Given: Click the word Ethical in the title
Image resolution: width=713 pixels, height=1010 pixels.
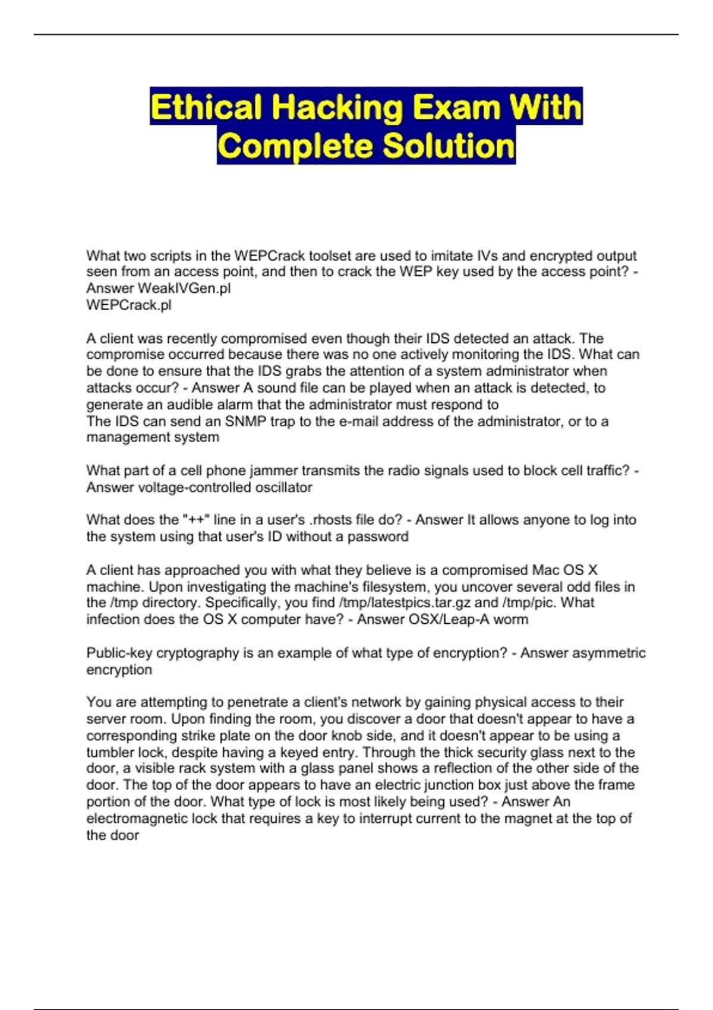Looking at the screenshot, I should [206, 108].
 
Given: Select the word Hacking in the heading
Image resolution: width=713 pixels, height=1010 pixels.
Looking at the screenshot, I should [337, 108].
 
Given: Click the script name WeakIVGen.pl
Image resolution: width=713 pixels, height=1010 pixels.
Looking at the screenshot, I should [184, 289].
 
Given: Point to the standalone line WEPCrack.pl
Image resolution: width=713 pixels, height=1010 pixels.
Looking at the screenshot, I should [129, 305].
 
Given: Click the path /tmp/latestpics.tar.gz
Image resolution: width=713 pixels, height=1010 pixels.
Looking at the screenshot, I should [404, 603].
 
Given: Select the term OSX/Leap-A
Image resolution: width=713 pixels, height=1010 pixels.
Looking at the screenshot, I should [440, 620].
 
